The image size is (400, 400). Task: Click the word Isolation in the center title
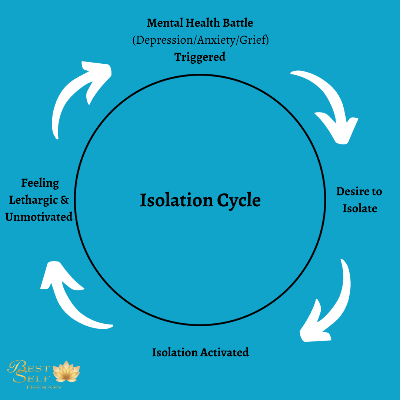176,200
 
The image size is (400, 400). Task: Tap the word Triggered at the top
200,57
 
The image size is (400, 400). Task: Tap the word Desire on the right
350,191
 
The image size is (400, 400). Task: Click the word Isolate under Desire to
360,208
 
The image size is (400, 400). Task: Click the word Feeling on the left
40,183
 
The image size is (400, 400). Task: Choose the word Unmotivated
39,217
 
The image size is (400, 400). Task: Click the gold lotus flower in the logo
66,371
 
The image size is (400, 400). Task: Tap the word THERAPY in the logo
44,387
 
